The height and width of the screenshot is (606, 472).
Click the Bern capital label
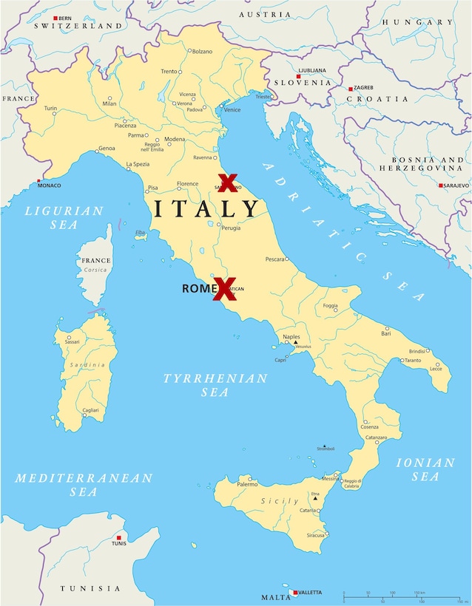tap(64, 17)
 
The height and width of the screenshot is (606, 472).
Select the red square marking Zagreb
tap(351, 89)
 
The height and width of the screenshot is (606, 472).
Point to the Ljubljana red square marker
tap(297, 75)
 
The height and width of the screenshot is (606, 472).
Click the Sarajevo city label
tap(455, 185)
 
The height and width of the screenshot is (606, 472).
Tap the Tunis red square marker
tap(118, 538)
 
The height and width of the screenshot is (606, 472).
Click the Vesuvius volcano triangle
tap(295, 342)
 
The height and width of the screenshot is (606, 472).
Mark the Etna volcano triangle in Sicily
tap(315, 498)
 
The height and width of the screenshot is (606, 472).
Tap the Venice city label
tap(232, 110)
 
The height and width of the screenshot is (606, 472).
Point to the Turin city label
tap(50, 108)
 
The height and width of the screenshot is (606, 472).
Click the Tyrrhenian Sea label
tap(215, 385)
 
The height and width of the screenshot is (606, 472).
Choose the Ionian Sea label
tap(425, 469)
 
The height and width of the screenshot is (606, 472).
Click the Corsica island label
tap(95, 270)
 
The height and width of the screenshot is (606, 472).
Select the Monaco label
tap(50, 185)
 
